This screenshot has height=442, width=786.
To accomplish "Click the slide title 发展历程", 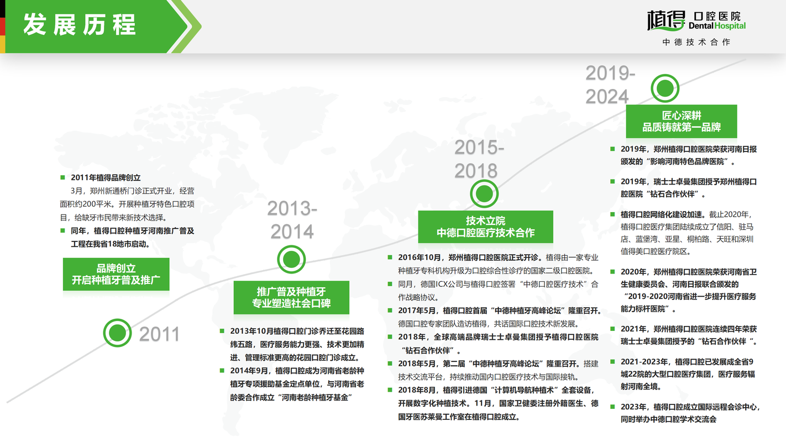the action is pyautogui.click(x=79, y=24).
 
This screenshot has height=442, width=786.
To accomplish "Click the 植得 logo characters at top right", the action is pyautogui.click(x=666, y=20).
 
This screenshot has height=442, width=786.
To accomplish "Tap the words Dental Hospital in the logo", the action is pyautogui.click(x=717, y=25).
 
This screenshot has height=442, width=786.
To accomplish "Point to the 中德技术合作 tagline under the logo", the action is pyautogui.click(x=696, y=42).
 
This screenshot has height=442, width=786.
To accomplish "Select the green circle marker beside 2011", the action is pyautogui.click(x=117, y=333).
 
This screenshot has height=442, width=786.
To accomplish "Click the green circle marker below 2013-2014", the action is pyautogui.click(x=291, y=259).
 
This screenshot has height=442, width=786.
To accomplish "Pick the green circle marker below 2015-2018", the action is pyautogui.click(x=484, y=193).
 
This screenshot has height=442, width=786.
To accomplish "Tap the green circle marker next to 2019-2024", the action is pyautogui.click(x=664, y=88).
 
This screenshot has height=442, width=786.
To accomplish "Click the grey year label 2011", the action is pyautogui.click(x=159, y=334).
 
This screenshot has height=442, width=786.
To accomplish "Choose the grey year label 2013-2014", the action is pyautogui.click(x=292, y=220).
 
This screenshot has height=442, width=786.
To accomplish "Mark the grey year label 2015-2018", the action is pyautogui.click(x=479, y=159).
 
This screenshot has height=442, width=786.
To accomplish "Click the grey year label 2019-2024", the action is pyautogui.click(x=610, y=85).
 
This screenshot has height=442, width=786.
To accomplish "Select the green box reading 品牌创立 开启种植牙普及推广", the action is pyautogui.click(x=116, y=274).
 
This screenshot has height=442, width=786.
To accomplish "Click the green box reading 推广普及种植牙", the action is pyautogui.click(x=291, y=297).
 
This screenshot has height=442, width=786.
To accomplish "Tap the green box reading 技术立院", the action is pyautogui.click(x=485, y=227).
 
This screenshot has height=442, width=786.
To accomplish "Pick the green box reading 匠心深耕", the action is pyautogui.click(x=682, y=121).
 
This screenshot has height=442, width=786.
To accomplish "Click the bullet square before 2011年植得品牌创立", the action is pyautogui.click(x=62, y=177).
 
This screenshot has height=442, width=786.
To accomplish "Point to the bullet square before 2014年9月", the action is pyautogui.click(x=222, y=370).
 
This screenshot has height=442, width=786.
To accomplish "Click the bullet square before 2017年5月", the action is pyautogui.click(x=390, y=310).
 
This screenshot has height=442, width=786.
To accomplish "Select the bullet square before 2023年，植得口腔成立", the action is pyautogui.click(x=612, y=407).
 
